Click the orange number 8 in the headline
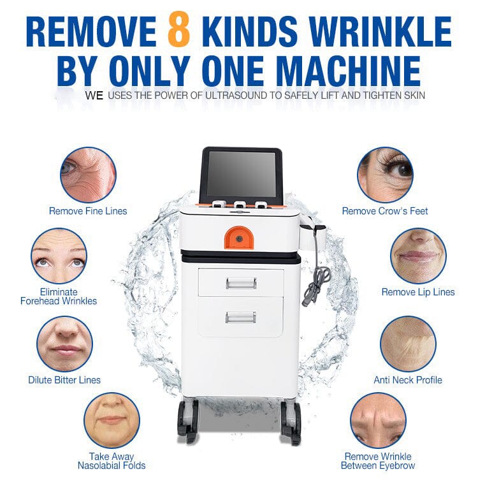coord(178,29)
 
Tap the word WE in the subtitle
coord(94,96)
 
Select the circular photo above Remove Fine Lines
coord(88,175)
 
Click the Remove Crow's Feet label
coord(385,211)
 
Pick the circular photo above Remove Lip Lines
coord(418,256)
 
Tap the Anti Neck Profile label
coord(408,380)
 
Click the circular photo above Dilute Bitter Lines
coord(64,344)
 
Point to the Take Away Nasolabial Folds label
coord(112,461)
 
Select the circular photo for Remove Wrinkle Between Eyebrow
coord(378,420)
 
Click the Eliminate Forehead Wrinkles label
coord(59,297)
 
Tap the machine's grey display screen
coord(241,174)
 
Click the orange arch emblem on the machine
coord(239,238)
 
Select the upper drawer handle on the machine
coord(241,282)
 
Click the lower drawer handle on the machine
coord(241,317)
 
